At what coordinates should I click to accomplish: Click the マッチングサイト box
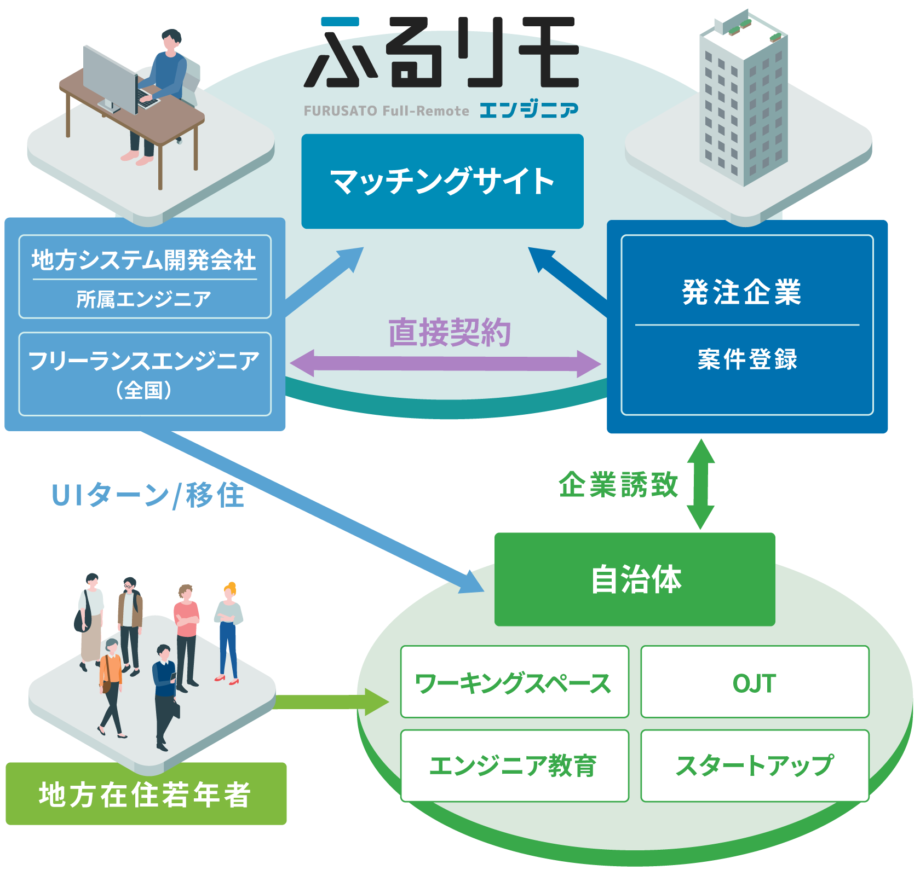coord(442,181)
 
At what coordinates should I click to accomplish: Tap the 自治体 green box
coord(635,579)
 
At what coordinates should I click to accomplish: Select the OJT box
coord(755,682)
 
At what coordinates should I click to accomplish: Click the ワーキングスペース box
coord(514,682)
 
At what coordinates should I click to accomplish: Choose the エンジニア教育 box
coord(514,765)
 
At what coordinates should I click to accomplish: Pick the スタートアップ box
coord(755,765)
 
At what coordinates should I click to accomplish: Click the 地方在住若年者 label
coord(146,794)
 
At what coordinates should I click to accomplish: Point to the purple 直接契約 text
coord(450,332)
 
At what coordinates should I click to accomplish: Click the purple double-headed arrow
coord(445,363)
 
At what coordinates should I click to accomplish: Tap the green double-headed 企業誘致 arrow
coord(700,484)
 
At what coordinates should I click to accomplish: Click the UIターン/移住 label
coord(147,496)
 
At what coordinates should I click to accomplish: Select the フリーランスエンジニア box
coord(145,374)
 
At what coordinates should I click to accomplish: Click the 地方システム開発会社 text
coord(144,260)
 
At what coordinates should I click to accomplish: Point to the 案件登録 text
coord(748,359)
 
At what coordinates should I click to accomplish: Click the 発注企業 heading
coord(742,292)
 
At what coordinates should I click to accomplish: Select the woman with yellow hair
coord(228,633)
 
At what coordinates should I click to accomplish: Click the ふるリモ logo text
coord(441,53)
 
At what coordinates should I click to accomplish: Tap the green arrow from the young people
coord(331,702)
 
